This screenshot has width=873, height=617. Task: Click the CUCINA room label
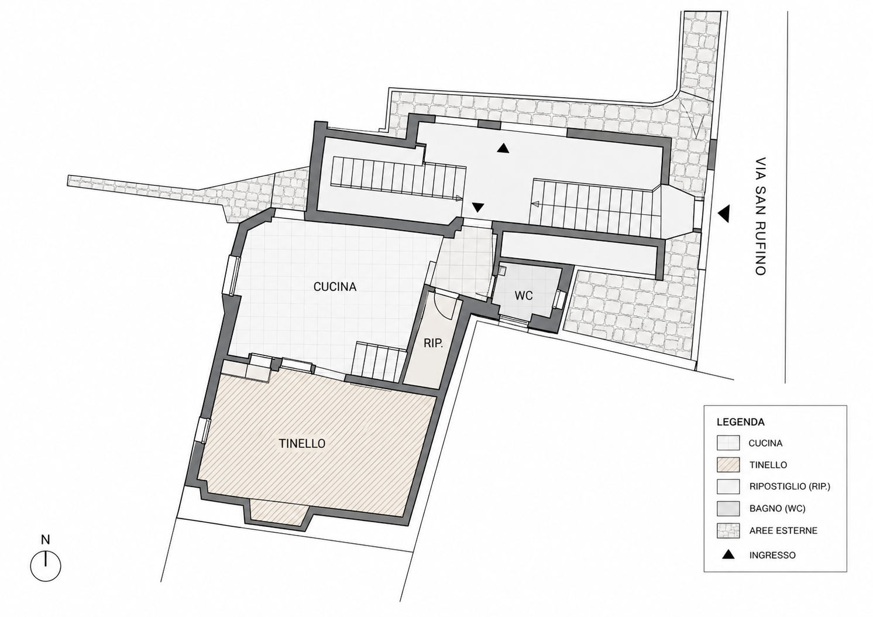pyautogui.click(x=335, y=287)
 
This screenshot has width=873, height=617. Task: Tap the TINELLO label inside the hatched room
pyautogui.click(x=302, y=444)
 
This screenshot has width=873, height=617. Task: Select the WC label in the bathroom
pyautogui.click(x=524, y=296)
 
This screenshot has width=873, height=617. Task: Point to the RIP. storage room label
pyautogui.click(x=434, y=344)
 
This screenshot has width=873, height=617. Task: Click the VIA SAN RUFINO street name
pyautogui.click(x=761, y=217)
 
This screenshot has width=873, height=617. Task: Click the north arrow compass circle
pyautogui.click(x=46, y=566)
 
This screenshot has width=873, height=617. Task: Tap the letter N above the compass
pyautogui.click(x=46, y=540)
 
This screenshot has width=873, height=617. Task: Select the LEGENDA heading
pyautogui.click(x=741, y=422)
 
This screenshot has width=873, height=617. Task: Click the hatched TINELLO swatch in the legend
pyautogui.click(x=728, y=465)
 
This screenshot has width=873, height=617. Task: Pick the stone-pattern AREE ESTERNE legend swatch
pyautogui.click(x=728, y=531)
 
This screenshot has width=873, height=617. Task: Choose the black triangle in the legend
pyautogui.click(x=728, y=554)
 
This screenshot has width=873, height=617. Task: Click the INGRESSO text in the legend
pyautogui.click(x=772, y=556)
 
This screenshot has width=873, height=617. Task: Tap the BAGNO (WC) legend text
pyautogui.click(x=777, y=509)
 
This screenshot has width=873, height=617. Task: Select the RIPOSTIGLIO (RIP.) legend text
pyautogui.click(x=789, y=486)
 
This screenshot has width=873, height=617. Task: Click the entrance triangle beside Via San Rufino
pyautogui.click(x=724, y=214)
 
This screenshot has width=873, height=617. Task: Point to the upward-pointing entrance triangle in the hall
pyautogui.click(x=503, y=148)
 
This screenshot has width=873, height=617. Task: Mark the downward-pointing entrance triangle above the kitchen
pyautogui.click(x=478, y=207)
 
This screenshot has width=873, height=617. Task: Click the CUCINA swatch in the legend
pyautogui.click(x=728, y=443)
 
